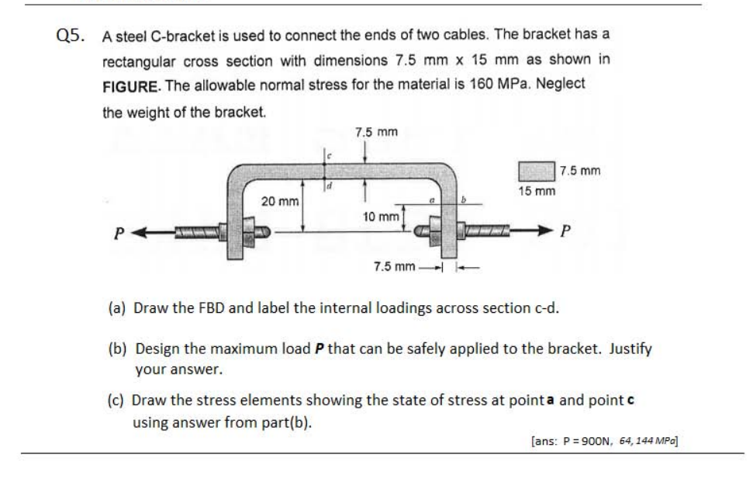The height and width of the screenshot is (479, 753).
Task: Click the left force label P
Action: coord(119,231)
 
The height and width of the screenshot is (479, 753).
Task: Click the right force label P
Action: coord(565,231)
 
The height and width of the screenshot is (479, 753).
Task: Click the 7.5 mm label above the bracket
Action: coord(376,132)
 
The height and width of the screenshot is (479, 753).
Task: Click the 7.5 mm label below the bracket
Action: coord(395,267)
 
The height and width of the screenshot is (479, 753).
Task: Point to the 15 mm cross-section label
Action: coord(537,190)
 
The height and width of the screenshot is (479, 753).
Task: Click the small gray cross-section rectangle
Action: coord(536,171)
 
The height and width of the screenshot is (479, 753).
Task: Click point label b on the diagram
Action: coord(464,200)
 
